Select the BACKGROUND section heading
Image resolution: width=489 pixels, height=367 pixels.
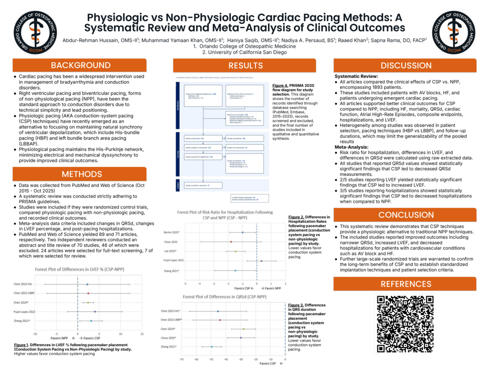click(x=80, y=65)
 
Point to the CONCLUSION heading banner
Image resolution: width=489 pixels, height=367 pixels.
click(x=405, y=215)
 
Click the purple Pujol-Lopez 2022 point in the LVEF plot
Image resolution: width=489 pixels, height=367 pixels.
click(x=95, y=311)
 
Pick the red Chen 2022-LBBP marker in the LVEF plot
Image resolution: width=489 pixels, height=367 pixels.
click(x=88, y=293)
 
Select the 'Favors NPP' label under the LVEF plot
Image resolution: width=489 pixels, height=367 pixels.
click(x=59, y=338)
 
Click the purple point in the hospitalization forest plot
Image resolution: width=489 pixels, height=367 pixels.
click(x=261, y=260)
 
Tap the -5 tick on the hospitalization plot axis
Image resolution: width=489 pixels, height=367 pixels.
click(x=185, y=283)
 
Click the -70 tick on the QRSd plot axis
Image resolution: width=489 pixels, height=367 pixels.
click(x=182, y=358)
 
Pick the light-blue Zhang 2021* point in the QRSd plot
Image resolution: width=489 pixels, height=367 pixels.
click(x=211, y=347)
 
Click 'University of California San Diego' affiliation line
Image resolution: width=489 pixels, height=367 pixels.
click(x=244, y=52)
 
